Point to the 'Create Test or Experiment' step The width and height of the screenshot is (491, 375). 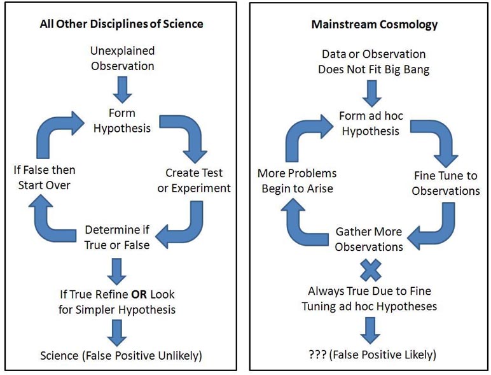pyautogui.click(x=198, y=180)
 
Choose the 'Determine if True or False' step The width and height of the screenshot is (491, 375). pyautogui.click(x=113, y=236)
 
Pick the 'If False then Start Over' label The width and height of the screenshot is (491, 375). pyautogui.click(x=44, y=178)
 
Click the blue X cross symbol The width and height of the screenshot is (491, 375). pyautogui.click(x=370, y=271)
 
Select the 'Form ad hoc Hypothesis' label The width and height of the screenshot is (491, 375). pyautogui.click(x=370, y=124)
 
